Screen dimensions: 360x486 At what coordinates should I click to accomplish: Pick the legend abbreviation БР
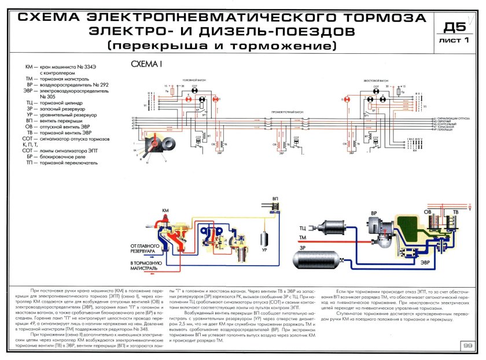[32, 157]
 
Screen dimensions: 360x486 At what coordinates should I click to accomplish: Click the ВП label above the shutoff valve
[274, 199]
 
